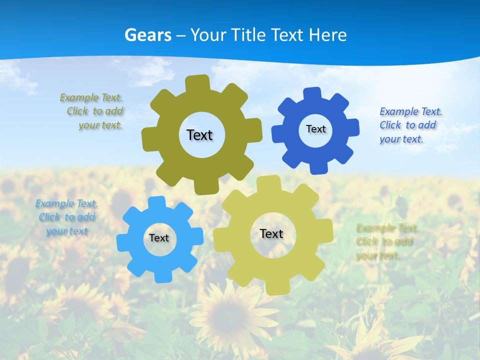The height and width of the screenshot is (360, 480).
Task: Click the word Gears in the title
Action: (x=148, y=35)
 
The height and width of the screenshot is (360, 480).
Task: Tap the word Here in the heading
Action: (x=327, y=35)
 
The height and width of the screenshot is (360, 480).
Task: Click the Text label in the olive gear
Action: (x=199, y=135)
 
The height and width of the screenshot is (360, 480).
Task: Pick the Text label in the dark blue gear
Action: (x=315, y=129)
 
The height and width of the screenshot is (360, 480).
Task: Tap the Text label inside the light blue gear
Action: (x=159, y=238)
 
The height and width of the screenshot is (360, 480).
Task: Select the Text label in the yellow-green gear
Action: (x=271, y=233)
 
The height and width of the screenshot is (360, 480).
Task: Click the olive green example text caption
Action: (x=93, y=111)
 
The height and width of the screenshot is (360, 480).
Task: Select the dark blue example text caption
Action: (x=410, y=125)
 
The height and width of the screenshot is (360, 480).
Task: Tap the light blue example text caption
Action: (x=66, y=217)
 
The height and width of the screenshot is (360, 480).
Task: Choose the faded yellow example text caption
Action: (x=386, y=242)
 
